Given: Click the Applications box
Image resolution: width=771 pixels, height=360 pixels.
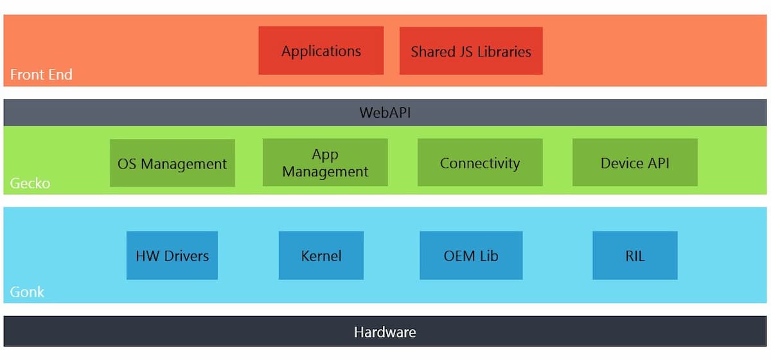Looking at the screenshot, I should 321,51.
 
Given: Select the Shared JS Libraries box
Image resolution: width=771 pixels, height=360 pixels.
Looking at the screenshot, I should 471,51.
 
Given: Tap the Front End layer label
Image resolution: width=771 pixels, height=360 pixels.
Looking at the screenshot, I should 41,75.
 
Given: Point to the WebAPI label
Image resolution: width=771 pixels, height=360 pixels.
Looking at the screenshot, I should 385,113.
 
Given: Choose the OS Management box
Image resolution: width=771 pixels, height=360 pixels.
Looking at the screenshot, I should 172,163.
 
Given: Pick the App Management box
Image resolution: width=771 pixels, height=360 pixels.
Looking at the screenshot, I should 325,163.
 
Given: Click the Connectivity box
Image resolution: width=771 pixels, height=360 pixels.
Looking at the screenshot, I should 480,163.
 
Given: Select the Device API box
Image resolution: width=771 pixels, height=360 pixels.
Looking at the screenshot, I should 635,163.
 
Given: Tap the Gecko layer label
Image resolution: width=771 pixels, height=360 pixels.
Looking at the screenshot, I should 30,184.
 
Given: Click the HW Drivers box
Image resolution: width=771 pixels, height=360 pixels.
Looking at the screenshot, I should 172,256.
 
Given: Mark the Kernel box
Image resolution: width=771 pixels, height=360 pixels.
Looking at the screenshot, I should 321,256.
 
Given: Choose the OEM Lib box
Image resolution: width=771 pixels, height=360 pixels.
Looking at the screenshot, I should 471,256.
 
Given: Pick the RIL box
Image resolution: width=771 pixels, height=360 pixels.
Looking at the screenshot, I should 635,256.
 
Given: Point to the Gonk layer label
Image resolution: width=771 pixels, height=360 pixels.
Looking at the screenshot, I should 27,292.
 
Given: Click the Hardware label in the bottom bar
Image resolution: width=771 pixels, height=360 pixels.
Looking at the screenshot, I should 385,332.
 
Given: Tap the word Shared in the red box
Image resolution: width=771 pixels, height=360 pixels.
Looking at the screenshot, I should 432,51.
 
